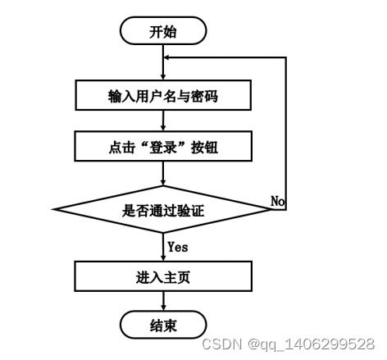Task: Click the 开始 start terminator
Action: coord(163,30)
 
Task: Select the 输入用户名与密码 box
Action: coord(163,95)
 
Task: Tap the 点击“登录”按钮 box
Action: coord(163,146)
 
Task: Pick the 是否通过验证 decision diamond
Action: coord(163,209)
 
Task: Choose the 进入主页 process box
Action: coord(163,276)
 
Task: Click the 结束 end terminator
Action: coord(163,325)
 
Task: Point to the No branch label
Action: coord(278,201)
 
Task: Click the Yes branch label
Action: coord(178,247)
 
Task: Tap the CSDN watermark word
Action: coord(222,344)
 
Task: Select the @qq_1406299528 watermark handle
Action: coord(311,344)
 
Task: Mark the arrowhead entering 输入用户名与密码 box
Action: coord(163,76)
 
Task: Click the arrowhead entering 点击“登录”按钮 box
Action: coord(163,128)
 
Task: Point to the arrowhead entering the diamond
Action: coord(163,182)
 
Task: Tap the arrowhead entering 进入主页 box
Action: coord(163,257)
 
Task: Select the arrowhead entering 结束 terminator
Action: coord(163,308)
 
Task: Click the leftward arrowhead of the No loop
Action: coord(166,57)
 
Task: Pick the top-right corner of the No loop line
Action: coord(286,57)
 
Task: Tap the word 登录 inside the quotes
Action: coord(163,148)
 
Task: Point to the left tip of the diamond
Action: coord(52,209)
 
